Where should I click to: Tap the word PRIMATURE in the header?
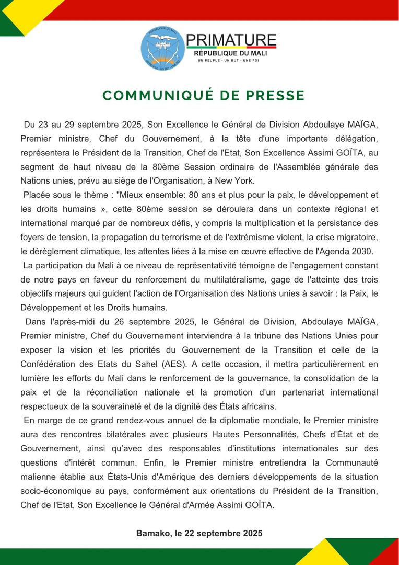[x=231, y=40]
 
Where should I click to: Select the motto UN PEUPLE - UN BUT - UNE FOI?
[x=228, y=61]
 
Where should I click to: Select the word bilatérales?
[x=151, y=434]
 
